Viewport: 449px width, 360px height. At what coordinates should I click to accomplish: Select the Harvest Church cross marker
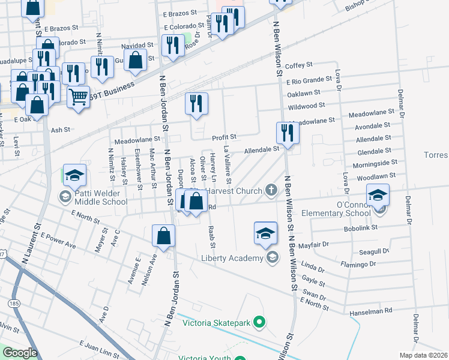[271, 191]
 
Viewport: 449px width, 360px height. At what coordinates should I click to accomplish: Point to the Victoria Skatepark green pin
[259, 323]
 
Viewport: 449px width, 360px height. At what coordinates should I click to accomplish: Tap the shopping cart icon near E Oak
[79, 96]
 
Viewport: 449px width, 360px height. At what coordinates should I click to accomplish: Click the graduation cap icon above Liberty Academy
[265, 233]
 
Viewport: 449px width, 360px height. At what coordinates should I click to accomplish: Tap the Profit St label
[225, 137]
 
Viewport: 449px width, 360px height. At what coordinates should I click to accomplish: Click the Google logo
[20, 353]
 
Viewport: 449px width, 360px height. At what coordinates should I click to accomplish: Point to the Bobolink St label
[364, 228]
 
